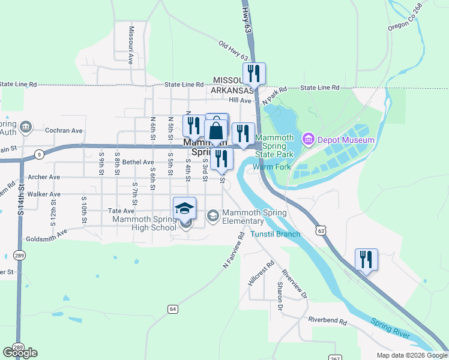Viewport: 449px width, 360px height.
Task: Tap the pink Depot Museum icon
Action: tap(309, 140)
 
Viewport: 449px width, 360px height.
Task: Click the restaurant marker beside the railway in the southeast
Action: tap(366, 259)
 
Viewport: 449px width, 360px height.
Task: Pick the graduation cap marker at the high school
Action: tap(185, 208)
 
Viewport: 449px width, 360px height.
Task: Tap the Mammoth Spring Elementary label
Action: tap(243, 217)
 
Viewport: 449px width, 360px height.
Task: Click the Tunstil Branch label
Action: tap(276, 234)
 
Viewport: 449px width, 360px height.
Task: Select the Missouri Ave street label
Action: tap(131, 45)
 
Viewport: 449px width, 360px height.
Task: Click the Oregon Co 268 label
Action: tap(405, 17)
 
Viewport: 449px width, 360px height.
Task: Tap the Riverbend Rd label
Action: tap(328, 322)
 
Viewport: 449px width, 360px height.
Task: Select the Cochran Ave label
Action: tap(65, 130)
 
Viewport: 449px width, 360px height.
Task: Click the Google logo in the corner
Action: tap(20, 353)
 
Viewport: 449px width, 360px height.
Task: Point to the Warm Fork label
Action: tap(271, 167)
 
